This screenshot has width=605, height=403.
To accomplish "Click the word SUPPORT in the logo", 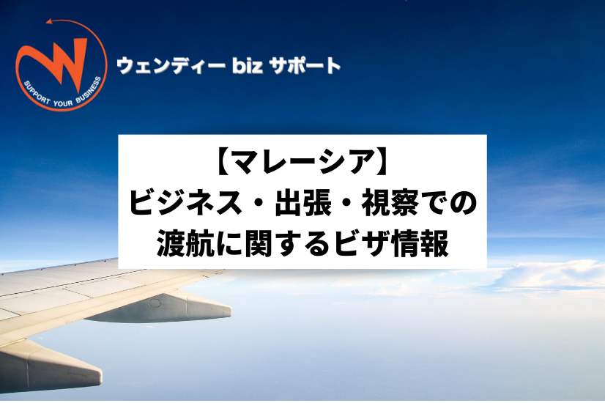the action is (x=37, y=92).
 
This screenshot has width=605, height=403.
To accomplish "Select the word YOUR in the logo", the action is (x=63, y=103).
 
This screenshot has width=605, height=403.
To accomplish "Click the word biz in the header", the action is (x=248, y=65).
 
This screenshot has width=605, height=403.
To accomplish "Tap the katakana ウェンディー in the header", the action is (x=171, y=65).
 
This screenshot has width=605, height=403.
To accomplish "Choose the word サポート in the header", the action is (x=305, y=65).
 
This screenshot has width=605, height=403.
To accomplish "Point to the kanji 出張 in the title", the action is (x=303, y=204).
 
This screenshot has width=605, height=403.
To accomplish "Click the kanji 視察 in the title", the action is (x=390, y=204).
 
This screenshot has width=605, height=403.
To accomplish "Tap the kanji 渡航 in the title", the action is (x=185, y=243).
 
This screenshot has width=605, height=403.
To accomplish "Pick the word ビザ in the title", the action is (x=362, y=243).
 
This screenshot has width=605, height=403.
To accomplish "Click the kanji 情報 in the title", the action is (x=420, y=243).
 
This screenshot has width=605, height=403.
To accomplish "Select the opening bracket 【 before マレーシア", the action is (x=222, y=162).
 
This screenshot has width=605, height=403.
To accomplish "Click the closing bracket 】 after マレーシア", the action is (x=382, y=162).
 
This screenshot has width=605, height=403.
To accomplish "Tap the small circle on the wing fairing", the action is (x=155, y=303).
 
